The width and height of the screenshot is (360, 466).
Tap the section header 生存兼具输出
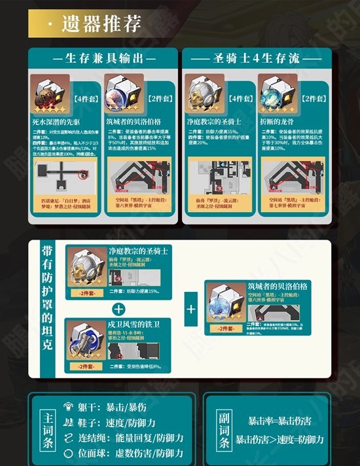tap(103, 58)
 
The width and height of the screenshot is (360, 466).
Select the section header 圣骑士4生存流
tap(257, 58)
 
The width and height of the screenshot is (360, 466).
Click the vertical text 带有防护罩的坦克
tap(47, 307)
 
